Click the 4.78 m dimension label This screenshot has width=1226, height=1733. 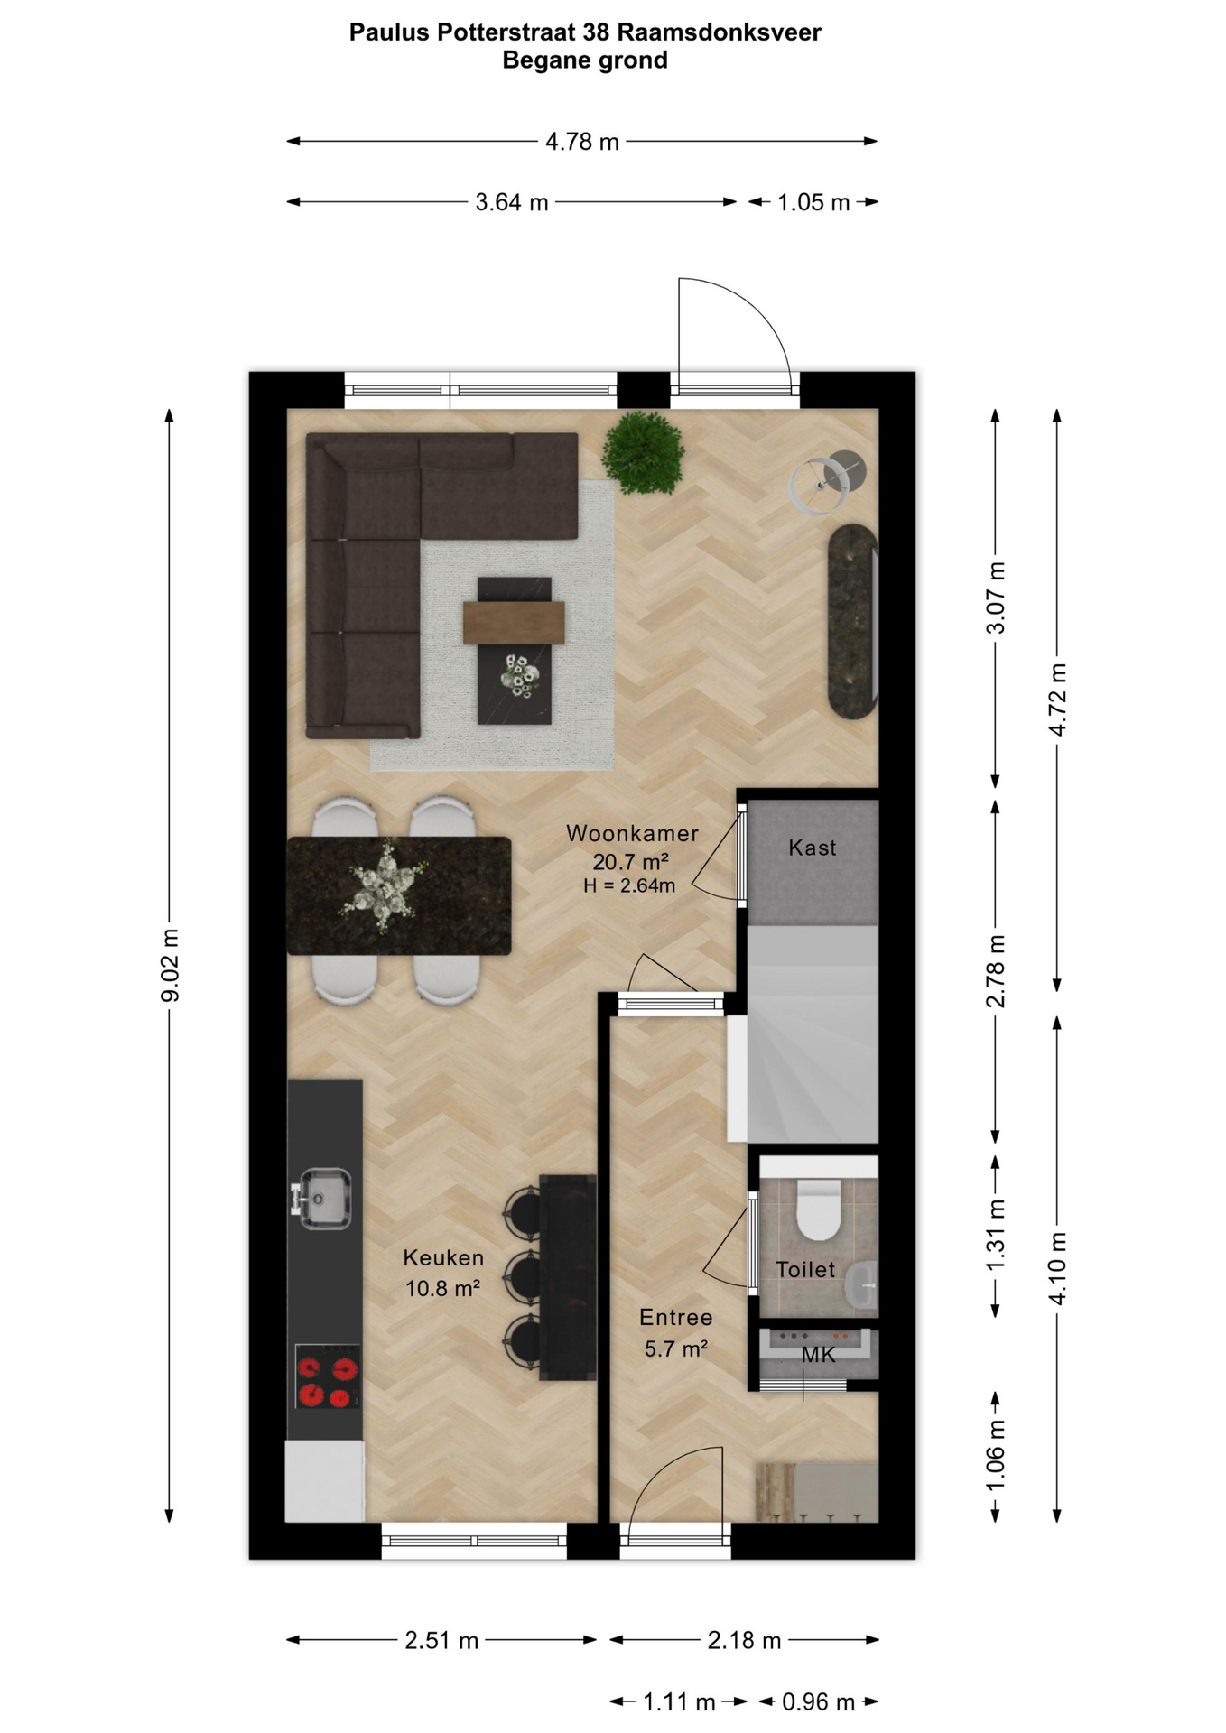click(582, 142)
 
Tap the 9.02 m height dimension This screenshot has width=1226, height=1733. click(170, 964)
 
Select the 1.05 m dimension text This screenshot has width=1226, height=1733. click(813, 202)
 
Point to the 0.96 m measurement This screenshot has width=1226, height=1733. click(818, 1702)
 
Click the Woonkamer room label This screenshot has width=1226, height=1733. click(632, 833)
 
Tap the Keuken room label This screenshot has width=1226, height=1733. click(443, 1257)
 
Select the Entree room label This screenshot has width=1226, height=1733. click(676, 1318)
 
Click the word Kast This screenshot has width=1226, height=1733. click(813, 848)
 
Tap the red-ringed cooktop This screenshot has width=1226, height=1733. click(328, 1376)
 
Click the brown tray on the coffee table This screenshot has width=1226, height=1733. click(515, 623)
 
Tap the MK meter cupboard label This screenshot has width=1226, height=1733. click(819, 1355)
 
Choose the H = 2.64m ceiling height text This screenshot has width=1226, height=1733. click(629, 886)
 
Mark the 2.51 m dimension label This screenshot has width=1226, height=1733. click(441, 1641)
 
